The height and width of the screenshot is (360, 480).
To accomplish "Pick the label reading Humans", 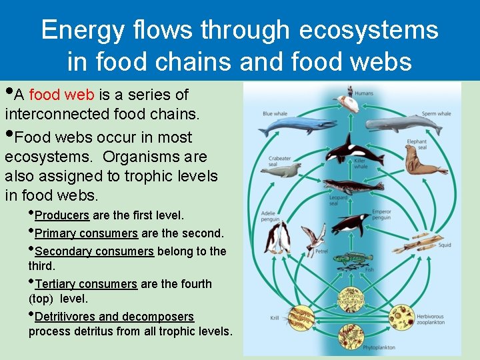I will click(x=364, y=93).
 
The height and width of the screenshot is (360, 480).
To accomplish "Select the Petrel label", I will click(x=321, y=252).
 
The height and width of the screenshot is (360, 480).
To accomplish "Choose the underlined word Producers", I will click(x=62, y=215).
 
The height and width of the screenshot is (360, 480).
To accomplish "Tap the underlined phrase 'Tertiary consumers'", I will click(x=86, y=284).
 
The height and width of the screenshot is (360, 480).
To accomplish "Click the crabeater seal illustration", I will click(x=279, y=171).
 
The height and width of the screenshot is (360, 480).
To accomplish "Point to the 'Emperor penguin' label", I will click(x=381, y=214).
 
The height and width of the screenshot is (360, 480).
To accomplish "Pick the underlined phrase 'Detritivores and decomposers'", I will click(x=114, y=317).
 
